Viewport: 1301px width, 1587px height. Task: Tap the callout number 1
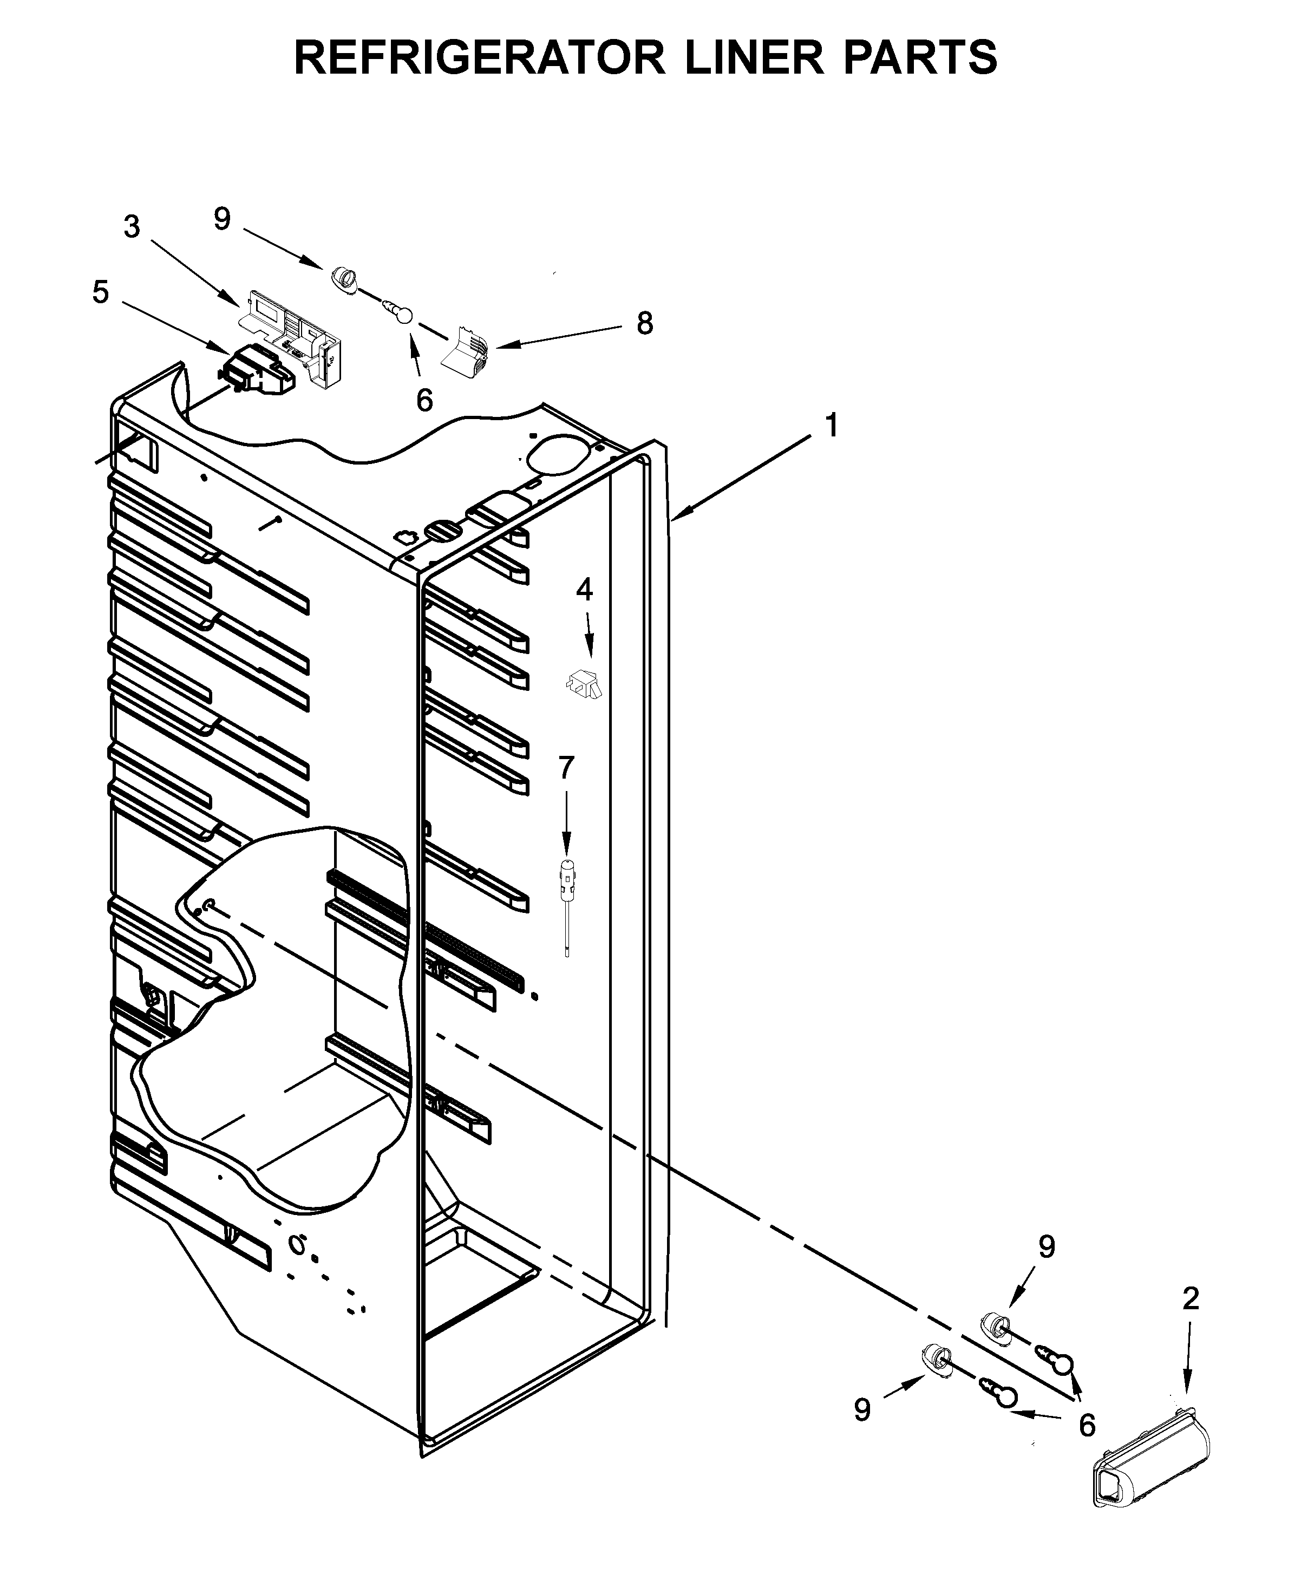point(831,426)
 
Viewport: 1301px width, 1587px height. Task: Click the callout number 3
point(132,226)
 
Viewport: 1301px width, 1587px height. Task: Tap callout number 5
point(100,292)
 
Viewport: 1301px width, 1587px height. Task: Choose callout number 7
point(566,767)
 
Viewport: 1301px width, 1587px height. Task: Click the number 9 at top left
point(222,219)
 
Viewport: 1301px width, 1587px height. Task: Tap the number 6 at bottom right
point(1087,1425)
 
